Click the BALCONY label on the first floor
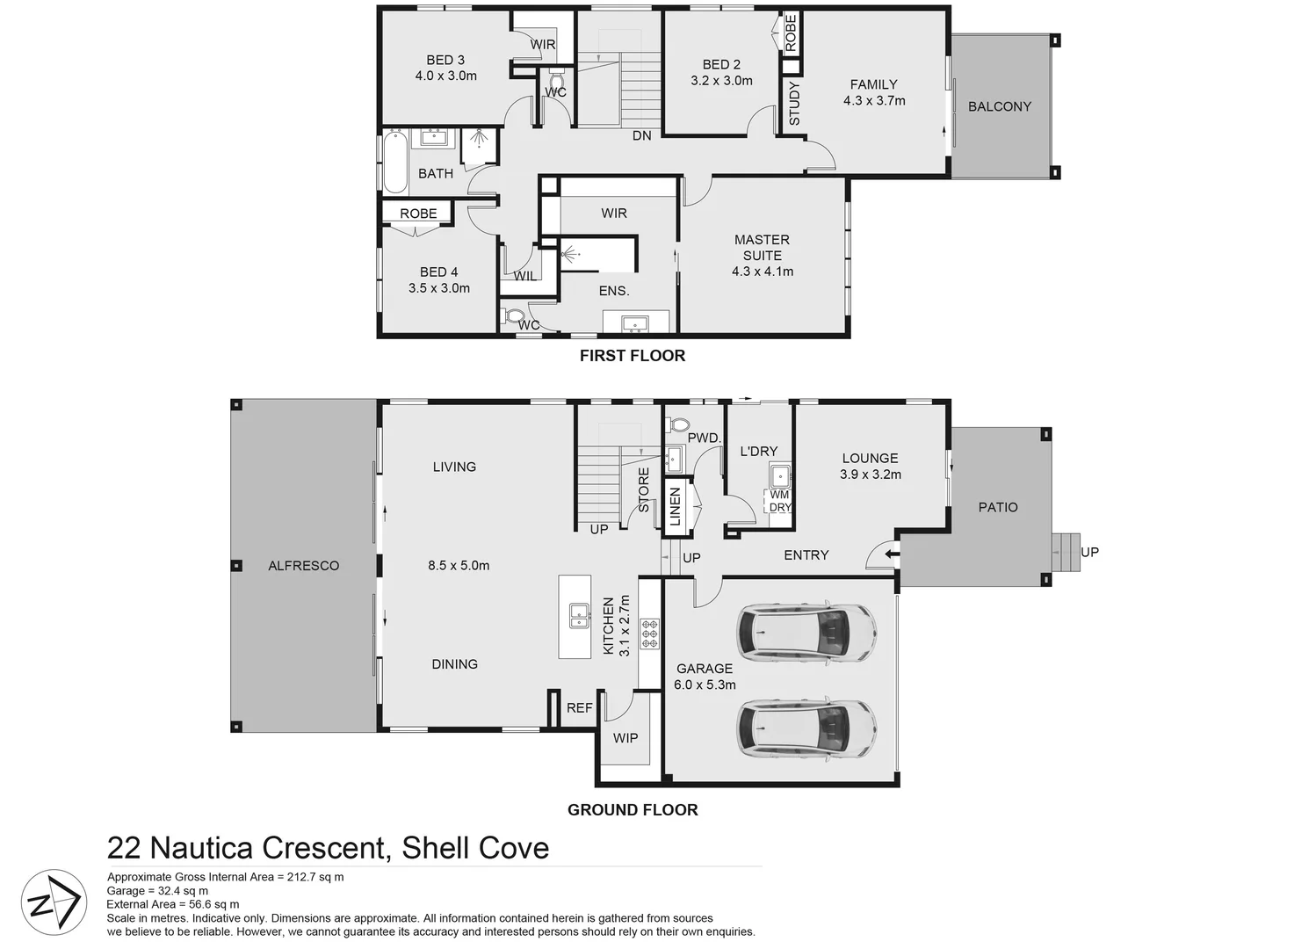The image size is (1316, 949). point(999,106)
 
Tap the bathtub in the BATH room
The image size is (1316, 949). point(394,162)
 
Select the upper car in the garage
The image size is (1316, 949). point(806,632)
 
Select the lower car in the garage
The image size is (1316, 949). point(806,728)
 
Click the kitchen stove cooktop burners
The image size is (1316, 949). point(650,634)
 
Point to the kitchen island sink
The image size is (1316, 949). point(579,615)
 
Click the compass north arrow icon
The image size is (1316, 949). point(52,902)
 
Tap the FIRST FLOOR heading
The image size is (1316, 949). point(632,356)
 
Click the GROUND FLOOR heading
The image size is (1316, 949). point(633,810)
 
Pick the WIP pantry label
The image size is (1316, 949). point(625,738)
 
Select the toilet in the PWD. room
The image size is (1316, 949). point(679,425)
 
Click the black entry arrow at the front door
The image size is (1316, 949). point(892,554)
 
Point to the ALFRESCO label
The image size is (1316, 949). point(303,566)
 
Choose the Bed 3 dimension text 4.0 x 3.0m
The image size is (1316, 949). point(446,76)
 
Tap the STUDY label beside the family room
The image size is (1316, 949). point(794,104)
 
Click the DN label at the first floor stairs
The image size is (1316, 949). point(642,135)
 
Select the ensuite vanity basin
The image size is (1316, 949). point(635,324)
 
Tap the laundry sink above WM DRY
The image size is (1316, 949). point(780,476)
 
